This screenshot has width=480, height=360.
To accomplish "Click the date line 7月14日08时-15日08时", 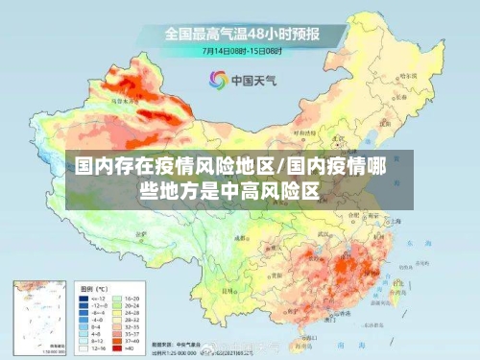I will [x=240, y=49].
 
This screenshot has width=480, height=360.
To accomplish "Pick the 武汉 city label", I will [x=335, y=232].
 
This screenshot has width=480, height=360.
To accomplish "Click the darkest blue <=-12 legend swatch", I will [x=84, y=299].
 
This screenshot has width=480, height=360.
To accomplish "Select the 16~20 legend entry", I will [x=132, y=299].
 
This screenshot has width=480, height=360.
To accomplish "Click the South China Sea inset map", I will [x=39, y=318].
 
